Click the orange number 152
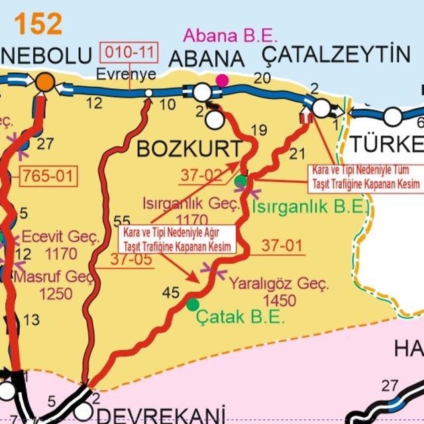(38, 25)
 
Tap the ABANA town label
(207, 59)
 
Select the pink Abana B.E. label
(231, 35)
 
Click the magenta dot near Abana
(222, 80)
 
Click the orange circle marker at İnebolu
(44, 81)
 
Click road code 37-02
(201, 175)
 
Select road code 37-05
(131, 260)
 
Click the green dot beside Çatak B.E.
(192, 304)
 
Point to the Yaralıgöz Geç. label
(279, 284)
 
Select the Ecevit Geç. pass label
(61, 237)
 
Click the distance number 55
(122, 221)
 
